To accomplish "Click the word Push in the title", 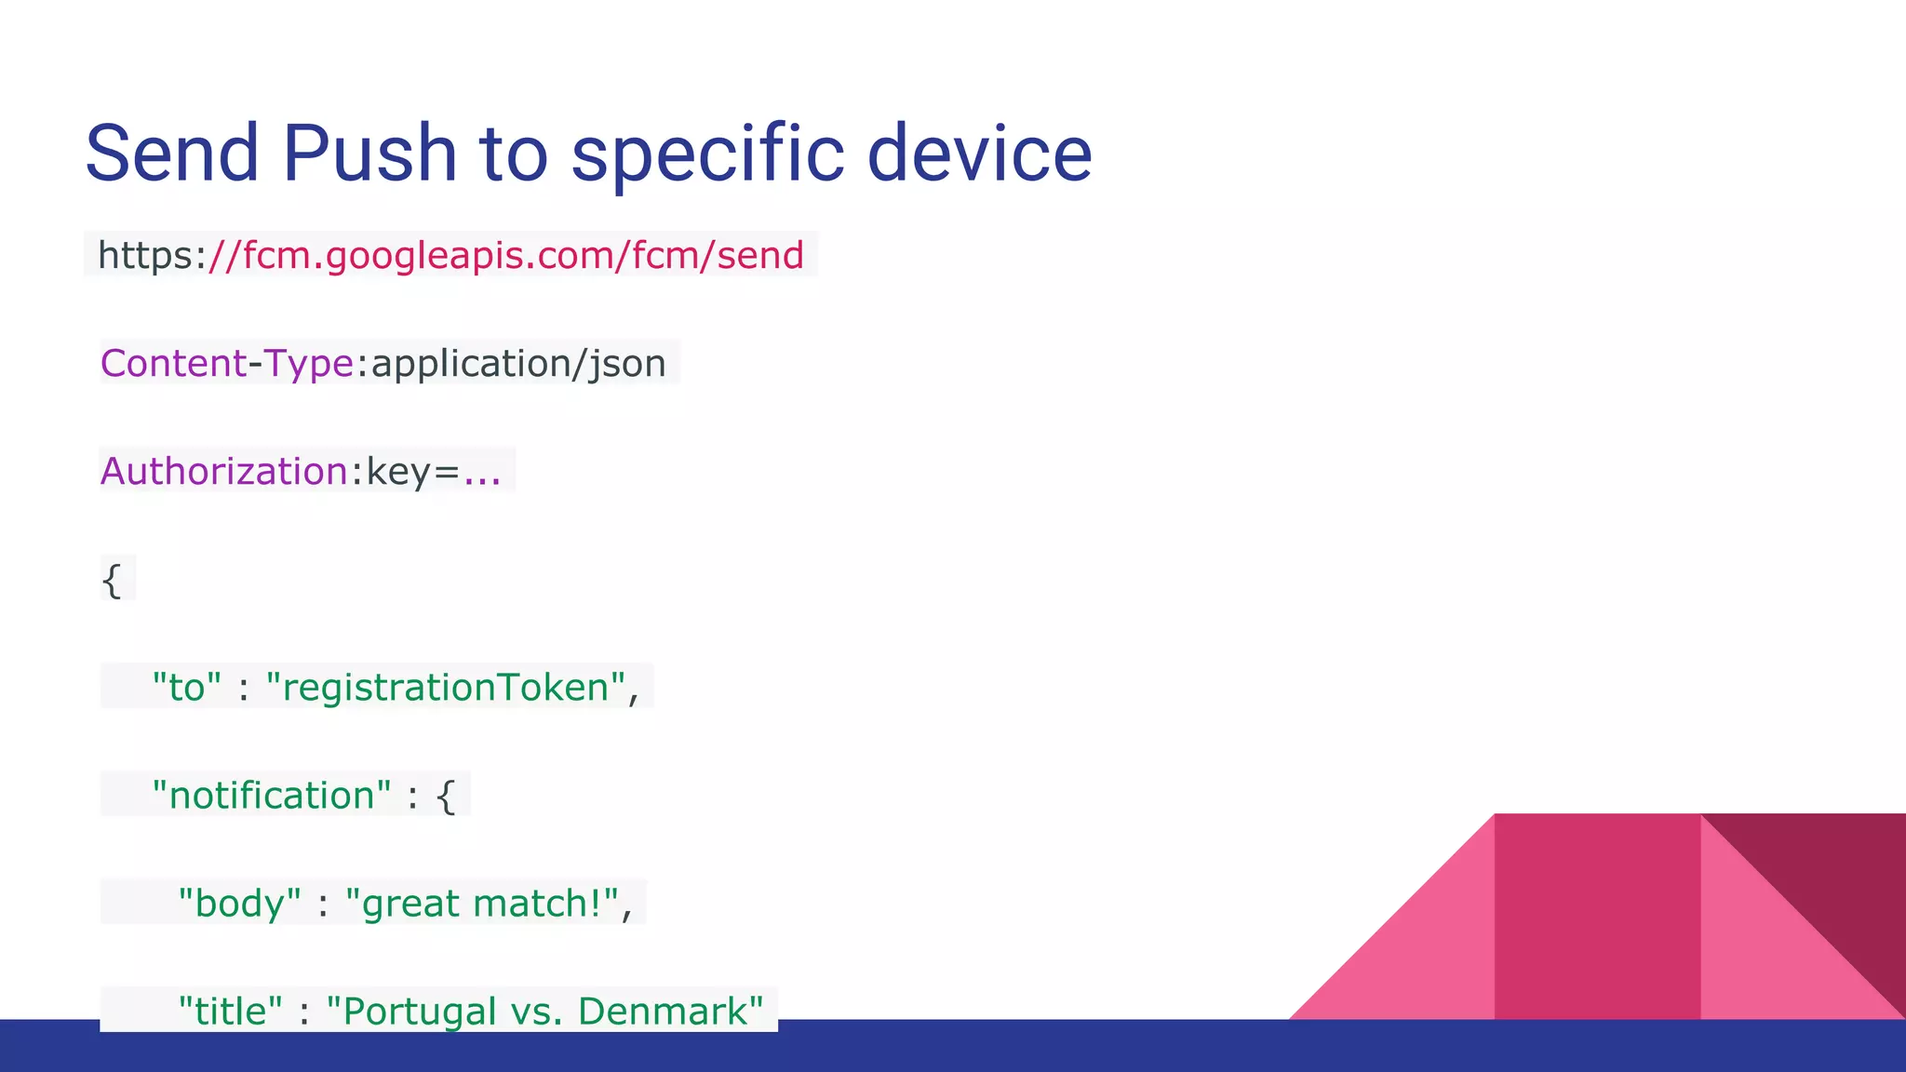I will click(x=369, y=154).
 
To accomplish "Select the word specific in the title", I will click(x=707, y=154).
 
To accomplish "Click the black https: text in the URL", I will click(x=151, y=255).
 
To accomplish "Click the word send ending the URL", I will click(x=759, y=255).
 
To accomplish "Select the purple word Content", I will click(x=173, y=363).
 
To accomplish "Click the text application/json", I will click(x=518, y=363).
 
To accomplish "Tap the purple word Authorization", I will click(x=224, y=471).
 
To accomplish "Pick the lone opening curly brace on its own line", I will click(x=112, y=581).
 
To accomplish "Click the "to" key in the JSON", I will click(x=186, y=688).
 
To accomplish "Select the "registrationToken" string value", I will click(x=445, y=688).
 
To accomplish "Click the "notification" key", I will click(x=271, y=796).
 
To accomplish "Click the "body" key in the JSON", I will click(x=239, y=904).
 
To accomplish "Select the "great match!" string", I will click(x=481, y=904).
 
